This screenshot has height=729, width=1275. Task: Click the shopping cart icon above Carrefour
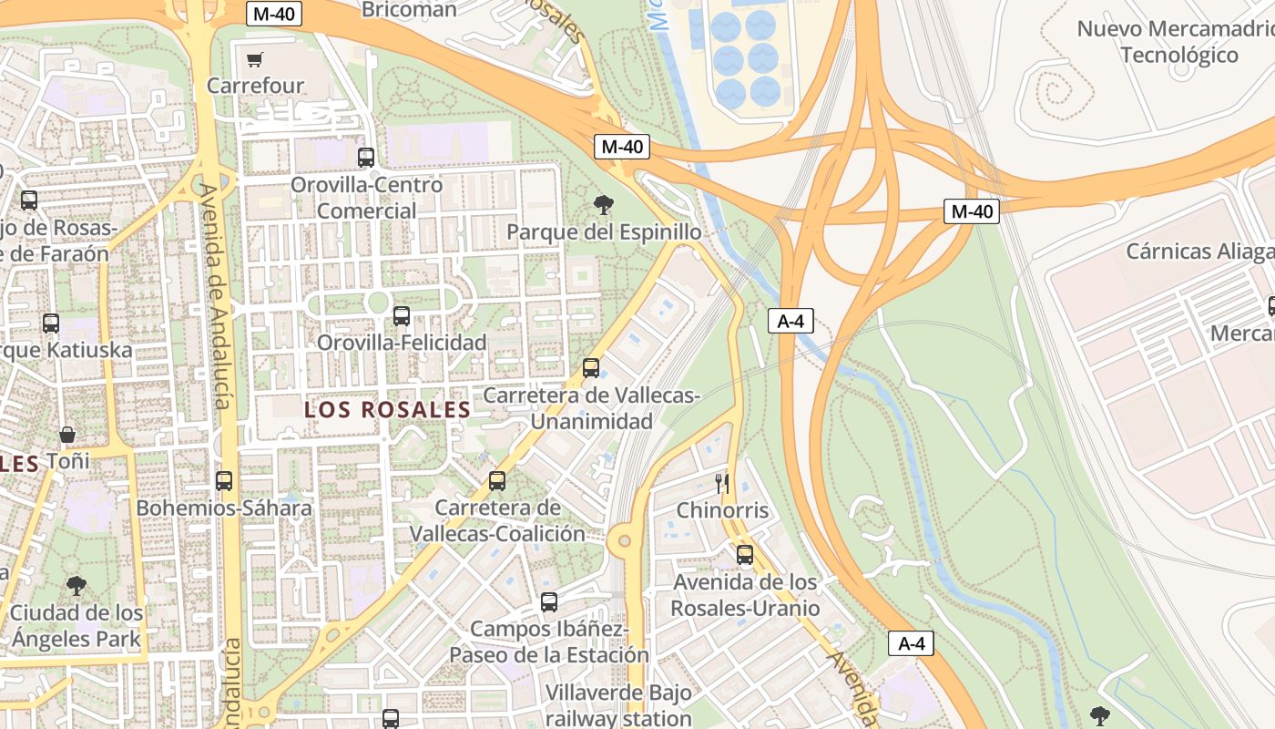(x=255, y=59)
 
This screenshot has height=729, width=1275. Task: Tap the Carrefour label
(x=255, y=86)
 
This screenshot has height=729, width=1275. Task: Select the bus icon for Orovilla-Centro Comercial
(x=366, y=157)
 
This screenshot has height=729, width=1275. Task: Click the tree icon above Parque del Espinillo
(x=602, y=205)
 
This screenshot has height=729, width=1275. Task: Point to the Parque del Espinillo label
(x=604, y=232)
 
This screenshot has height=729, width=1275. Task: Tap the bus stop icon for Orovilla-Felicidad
(x=401, y=316)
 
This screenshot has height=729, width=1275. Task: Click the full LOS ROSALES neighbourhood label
(x=387, y=410)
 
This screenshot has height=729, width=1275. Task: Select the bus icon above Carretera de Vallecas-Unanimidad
(x=591, y=368)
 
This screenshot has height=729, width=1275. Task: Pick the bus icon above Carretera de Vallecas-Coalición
(x=497, y=480)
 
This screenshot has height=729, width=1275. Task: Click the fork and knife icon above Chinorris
(x=722, y=483)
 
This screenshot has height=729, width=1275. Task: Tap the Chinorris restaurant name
(x=722, y=510)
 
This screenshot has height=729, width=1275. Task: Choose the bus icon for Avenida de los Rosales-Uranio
(x=745, y=554)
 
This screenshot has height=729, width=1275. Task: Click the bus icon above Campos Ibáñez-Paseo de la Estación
(x=549, y=601)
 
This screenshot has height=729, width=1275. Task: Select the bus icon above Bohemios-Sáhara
(x=224, y=480)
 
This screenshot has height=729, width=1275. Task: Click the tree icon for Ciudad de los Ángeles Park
(x=76, y=585)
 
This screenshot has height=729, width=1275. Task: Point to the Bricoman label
(x=409, y=10)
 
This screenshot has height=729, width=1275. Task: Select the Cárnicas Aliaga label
(x=1199, y=252)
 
